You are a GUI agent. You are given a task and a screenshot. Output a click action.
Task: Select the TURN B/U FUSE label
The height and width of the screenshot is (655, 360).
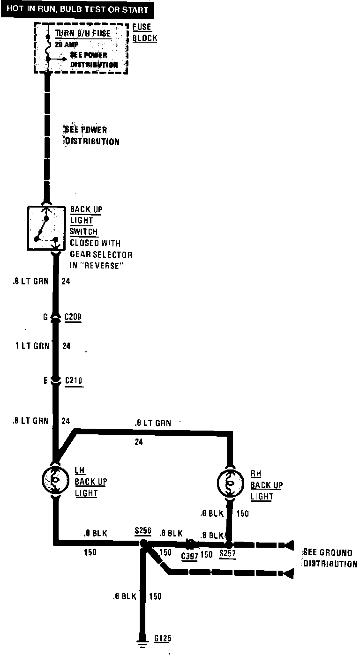pos(83,34)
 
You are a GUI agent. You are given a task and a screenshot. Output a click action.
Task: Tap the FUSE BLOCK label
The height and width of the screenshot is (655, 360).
pos(144,33)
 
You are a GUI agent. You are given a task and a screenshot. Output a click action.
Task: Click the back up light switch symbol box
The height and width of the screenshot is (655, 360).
pos(46,227)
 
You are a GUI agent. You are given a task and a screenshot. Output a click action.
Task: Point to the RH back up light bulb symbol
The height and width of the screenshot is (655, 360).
pos(230,481)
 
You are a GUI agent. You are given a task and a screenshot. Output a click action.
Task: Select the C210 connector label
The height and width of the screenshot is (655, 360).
pos(73,380)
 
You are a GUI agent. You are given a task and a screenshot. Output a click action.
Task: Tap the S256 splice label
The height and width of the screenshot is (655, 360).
pos(142,531)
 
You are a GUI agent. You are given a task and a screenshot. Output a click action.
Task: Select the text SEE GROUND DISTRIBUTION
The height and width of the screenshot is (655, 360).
pos(330,558)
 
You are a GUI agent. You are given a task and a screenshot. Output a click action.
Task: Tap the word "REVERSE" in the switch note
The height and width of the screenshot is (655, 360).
pos(105,266)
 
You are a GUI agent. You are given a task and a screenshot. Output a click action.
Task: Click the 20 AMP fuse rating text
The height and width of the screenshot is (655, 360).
pos(67,45)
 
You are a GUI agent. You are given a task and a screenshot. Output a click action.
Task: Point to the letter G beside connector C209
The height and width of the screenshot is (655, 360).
pos(45,317)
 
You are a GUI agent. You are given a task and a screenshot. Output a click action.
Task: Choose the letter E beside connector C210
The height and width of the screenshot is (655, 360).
pos(46,381)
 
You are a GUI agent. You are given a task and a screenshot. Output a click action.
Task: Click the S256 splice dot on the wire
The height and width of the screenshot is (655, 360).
pos(142,543)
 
